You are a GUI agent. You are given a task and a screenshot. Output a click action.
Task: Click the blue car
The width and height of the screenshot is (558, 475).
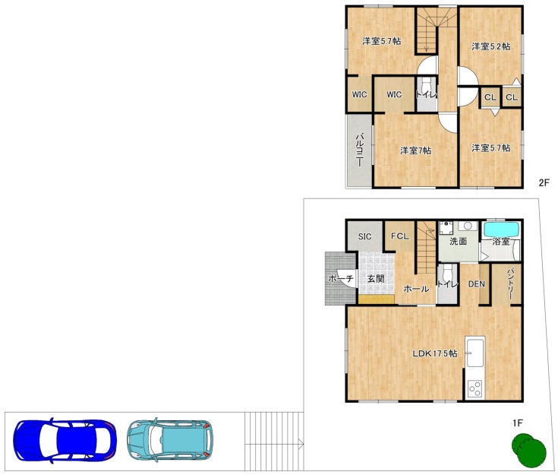(65, 441)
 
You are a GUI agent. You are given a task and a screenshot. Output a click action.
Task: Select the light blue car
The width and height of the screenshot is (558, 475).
(170, 440)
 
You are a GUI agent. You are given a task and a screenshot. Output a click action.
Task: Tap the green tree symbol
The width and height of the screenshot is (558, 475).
(528, 450)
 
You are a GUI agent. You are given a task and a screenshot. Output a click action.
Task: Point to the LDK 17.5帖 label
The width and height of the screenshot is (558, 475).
(435, 353)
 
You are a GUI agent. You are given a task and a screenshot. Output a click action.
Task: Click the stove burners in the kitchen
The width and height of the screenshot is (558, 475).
(475, 389)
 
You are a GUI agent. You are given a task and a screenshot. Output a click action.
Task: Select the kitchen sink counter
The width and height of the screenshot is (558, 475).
(475, 352)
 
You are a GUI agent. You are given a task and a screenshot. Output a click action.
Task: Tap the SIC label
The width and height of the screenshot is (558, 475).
(364, 236)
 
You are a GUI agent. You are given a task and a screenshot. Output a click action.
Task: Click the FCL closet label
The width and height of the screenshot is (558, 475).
(400, 236)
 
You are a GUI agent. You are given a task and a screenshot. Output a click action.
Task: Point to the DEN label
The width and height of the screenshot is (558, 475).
(477, 284)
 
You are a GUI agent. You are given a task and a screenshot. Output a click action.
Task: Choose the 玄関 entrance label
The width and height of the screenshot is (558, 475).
(376, 279)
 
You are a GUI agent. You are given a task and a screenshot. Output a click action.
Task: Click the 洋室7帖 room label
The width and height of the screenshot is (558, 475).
(416, 150)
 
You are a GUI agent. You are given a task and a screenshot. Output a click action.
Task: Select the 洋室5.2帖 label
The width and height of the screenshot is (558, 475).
(491, 46)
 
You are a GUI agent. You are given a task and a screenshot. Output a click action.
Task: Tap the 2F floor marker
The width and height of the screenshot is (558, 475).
(544, 183)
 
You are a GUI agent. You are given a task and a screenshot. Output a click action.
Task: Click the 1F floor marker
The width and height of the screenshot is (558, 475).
(518, 423)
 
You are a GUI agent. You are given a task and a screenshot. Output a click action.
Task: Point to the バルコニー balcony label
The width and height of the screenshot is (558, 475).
(360, 149)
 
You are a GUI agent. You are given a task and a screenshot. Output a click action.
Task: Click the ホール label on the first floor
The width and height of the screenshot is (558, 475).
(416, 289)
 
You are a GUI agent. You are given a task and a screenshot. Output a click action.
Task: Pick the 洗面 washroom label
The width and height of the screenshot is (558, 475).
(459, 241)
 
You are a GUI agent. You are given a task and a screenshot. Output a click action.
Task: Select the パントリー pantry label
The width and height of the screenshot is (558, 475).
(510, 283)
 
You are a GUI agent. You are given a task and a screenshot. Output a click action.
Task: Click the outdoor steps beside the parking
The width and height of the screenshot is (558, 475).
(274, 441)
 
